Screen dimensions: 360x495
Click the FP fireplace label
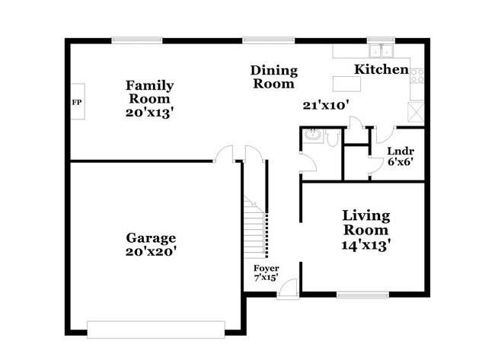coord(76,102)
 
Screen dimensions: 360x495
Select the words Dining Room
coord(273,78)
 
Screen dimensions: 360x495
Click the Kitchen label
coord(381,69)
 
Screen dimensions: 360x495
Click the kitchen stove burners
coord(417,74)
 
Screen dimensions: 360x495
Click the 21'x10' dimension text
coord(325,105)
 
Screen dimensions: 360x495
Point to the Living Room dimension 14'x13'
coord(366,245)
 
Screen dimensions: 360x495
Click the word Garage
coord(150,237)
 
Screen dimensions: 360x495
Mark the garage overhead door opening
coord(155,330)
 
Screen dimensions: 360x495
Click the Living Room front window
coord(362,295)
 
